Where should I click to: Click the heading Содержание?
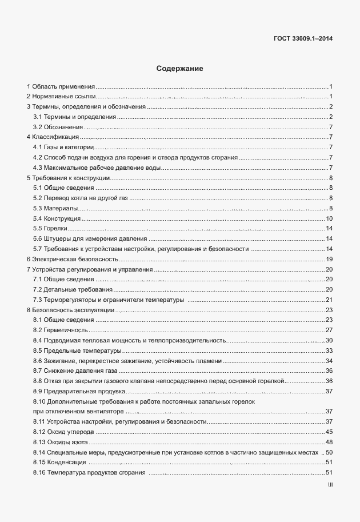pos(180,69)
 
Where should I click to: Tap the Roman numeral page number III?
pos(330,484)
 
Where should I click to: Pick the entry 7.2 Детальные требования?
pos(65,290)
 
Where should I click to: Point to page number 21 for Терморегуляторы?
pos(329,300)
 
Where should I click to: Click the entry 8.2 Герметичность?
pos(60,330)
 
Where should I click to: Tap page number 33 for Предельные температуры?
pos(329,350)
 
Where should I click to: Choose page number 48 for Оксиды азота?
pos(329,442)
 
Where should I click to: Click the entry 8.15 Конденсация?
pos(59,462)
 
